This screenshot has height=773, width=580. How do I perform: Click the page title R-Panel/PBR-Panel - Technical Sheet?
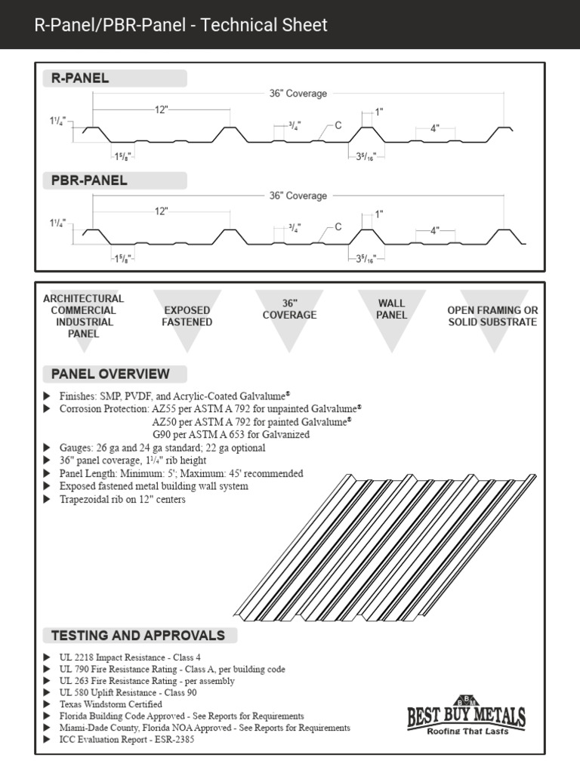181,25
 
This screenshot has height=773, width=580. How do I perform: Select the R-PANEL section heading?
80,79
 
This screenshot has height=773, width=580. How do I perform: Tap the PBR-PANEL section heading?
89,180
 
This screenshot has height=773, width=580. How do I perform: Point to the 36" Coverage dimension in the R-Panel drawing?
298,94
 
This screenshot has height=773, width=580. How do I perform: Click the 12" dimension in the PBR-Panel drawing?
161,211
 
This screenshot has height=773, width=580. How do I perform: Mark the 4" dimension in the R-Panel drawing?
435,128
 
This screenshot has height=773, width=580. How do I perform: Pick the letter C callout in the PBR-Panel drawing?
338,226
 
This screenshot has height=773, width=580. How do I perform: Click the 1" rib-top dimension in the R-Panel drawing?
378,112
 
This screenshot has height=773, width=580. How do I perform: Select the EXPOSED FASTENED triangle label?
187,316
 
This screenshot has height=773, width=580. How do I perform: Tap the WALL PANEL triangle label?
391,310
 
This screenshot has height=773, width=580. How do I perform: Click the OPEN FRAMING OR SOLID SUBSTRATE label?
492,316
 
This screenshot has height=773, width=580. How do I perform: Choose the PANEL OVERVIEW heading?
110,374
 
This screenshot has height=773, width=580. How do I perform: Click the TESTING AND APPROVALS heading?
137,635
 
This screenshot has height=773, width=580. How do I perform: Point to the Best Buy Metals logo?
466,714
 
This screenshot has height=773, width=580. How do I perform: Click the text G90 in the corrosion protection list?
163,435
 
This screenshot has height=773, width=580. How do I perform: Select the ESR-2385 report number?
178,740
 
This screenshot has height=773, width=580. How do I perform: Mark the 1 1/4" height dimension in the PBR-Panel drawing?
57,223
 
